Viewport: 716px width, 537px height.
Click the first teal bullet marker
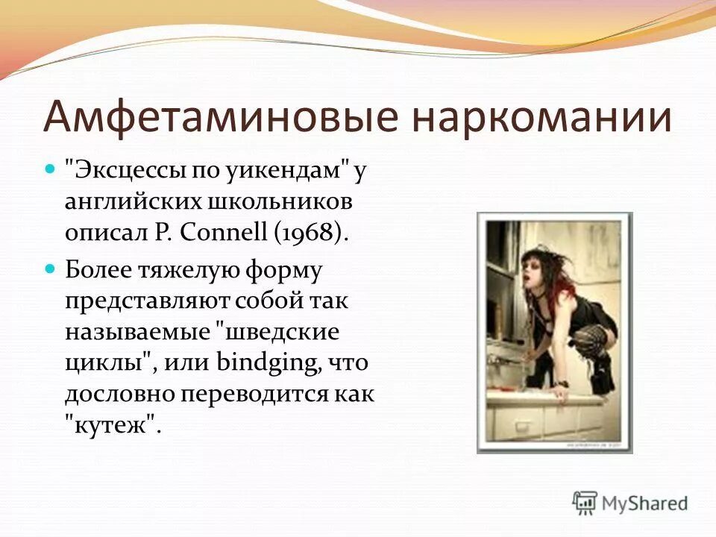[51, 171]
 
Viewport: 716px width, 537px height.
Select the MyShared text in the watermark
[644, 504]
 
